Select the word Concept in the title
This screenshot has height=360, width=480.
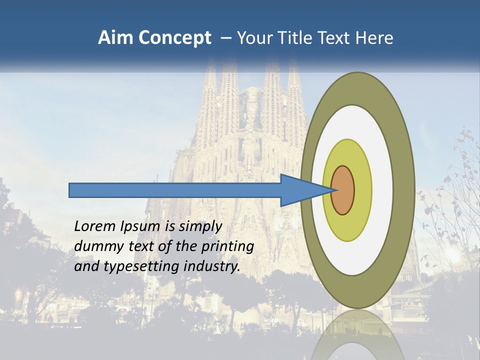tap(174, 38)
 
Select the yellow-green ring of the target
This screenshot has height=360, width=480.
tap(362, 190)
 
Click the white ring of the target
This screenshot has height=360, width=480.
tap(382, 190)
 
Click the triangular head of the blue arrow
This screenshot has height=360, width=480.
tap(300, 190)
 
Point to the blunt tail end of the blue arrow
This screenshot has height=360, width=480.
tap(71, 190)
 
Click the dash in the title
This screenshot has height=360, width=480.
tap(225, 38)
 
